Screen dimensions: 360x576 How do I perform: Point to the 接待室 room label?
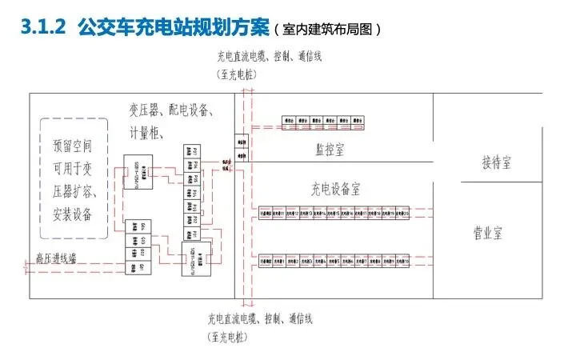click(496, 162)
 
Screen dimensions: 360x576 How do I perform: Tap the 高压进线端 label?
click(55, 258)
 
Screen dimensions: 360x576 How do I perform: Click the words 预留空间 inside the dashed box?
click(73, 146)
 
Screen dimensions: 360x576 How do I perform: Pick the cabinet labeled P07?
click(192, 150)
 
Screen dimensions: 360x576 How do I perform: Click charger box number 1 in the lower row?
click(279, 261)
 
